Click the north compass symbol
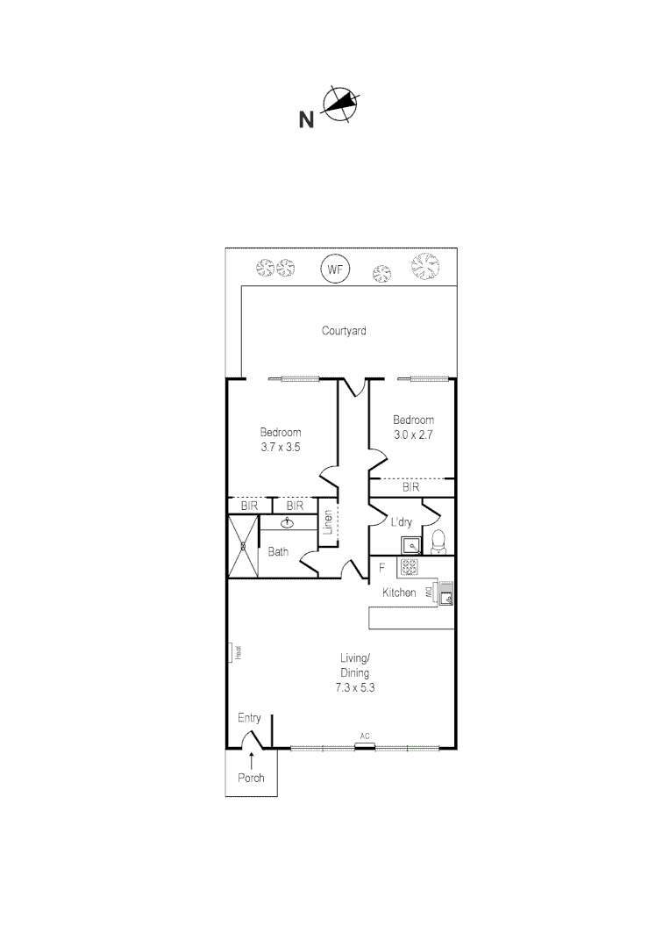tap(340, 105)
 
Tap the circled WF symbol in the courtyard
tap(334, 269)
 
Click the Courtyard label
tap(344, 331)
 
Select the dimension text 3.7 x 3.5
tap(281, 447)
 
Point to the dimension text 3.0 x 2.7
tap(413, 434)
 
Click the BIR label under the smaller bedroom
tap(410, 486)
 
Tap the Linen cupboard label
tap(328, 523)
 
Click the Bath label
tap(278, 552)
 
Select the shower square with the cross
tap(244, 546)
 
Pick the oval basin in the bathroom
tap(288, 523)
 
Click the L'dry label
tap(401, 522)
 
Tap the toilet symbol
tap(438, 542)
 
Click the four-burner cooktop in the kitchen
tap(409, 568)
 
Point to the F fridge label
tap(381, 568)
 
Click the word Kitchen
tap(399, 593)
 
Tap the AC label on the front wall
tap(364, 736)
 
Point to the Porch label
tap(251, 778)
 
